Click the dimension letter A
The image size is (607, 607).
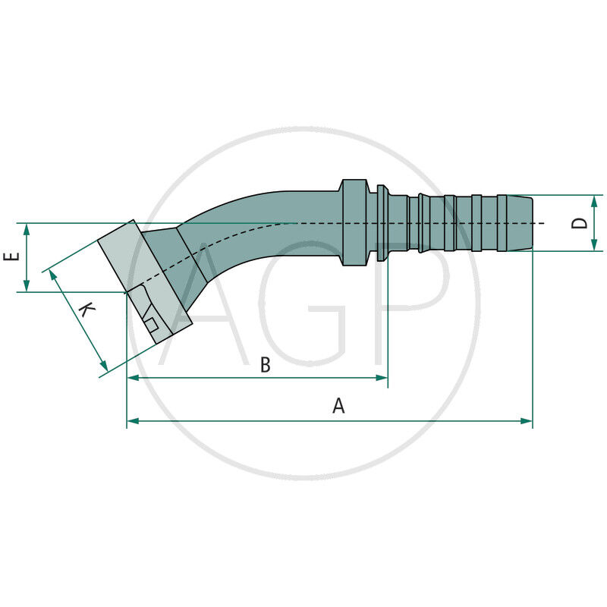tap(338, 406)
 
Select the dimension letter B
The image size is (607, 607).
tap(266, 365)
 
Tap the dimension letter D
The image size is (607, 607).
tap(580, 222)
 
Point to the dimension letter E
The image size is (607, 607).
tap(11, 257)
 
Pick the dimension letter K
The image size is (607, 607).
tap(87, 311)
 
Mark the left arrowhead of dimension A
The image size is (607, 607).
tap(131, 420)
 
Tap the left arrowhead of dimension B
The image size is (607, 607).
tap(131, 377)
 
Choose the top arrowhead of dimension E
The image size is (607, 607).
tap(27, 228)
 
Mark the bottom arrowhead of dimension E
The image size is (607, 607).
tap(27, 288)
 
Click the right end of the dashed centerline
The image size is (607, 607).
tap(543, 223)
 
